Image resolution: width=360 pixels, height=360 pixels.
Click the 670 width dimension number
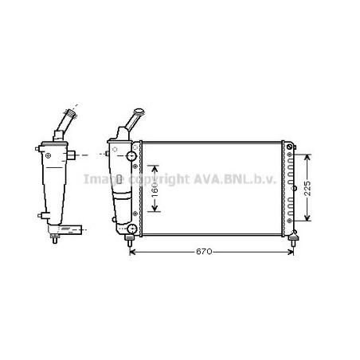[x=205, y=253]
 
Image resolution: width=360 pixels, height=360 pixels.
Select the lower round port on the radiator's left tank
[x=130, y=231]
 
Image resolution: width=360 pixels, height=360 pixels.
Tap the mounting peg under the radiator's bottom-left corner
[x=130, y=241]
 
